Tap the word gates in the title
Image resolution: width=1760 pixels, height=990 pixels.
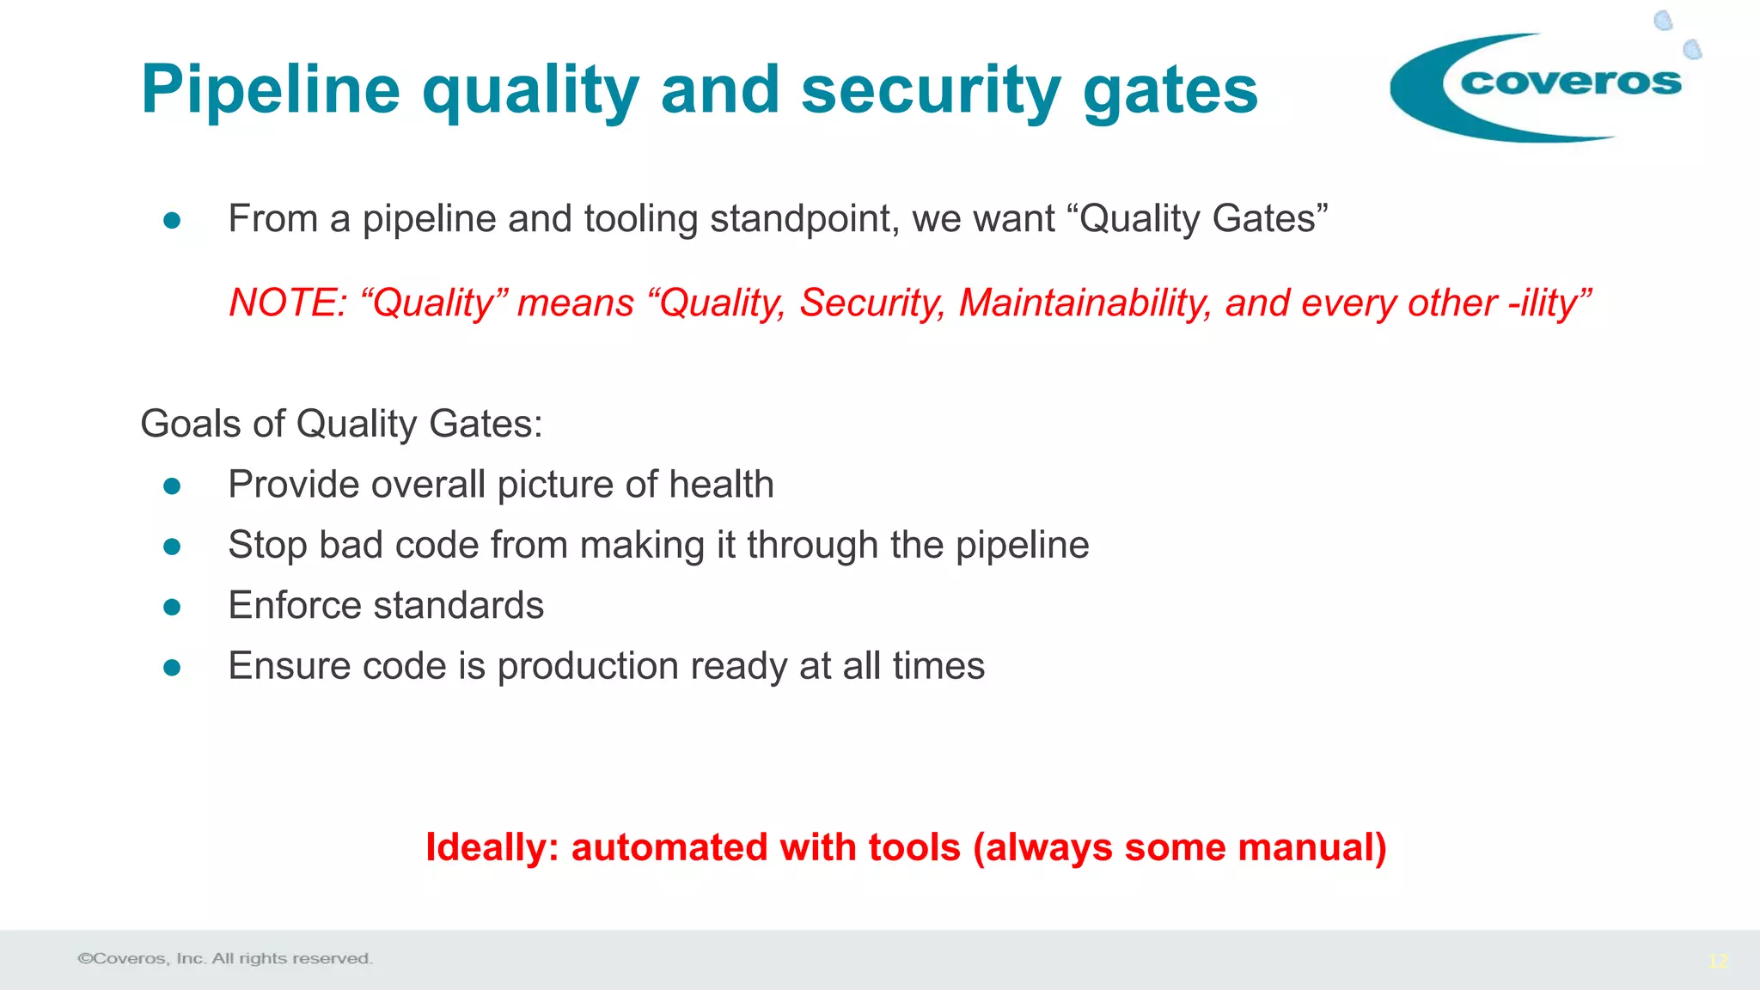(x=1170, y=90)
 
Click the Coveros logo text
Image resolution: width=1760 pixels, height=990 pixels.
(x=1570, y=82)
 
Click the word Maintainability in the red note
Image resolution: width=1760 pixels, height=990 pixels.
(x=1085, y=303)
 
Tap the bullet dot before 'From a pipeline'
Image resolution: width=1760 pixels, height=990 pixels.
(x=172, y=221)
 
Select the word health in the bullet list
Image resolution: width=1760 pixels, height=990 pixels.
(x=721, y=485)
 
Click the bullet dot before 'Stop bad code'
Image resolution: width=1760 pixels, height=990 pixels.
(x=172, y=547)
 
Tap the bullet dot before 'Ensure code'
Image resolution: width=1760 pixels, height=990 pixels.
(x=172, y=668)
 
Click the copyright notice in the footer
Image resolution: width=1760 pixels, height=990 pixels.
(x=225, y=958)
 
